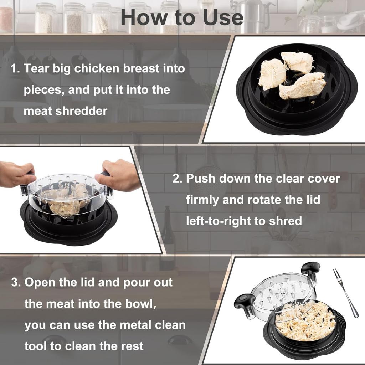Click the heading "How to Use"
[x=182, y=17]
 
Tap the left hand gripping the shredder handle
[x=16, y=174]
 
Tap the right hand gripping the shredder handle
[x=119, y=175]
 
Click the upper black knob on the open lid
[x=310, y=268]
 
